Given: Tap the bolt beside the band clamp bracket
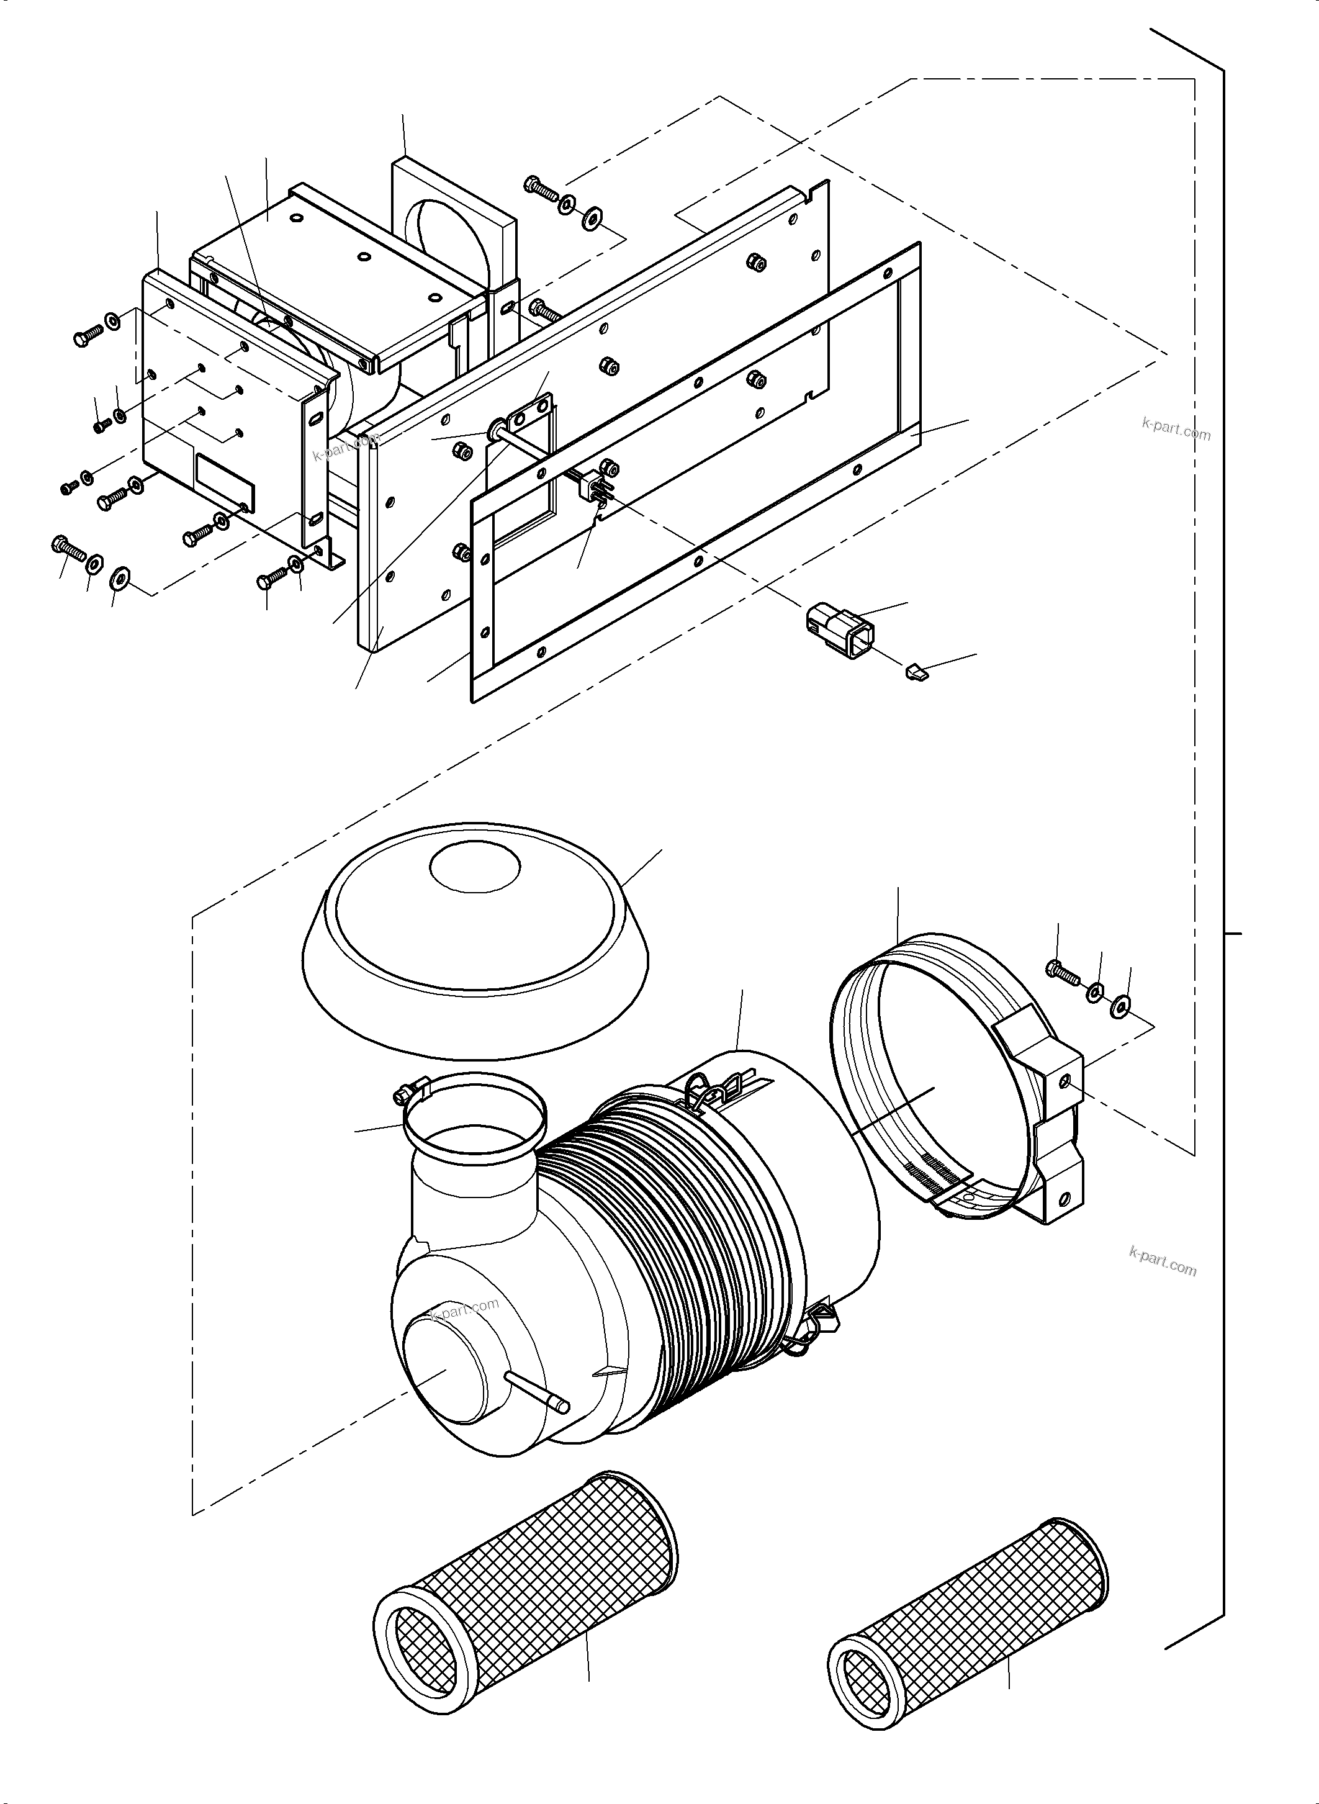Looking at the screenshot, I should [x=1062, y=971].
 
